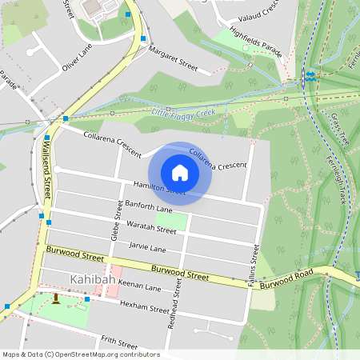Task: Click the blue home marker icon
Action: [x=180, y=173]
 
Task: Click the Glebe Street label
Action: [x=117, y=223]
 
